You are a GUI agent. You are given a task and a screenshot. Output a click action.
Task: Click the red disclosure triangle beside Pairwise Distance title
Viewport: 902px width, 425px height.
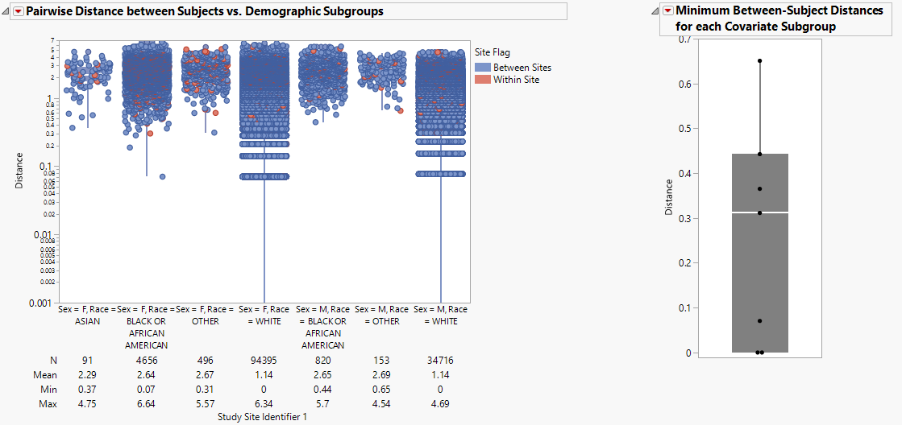(19, 11)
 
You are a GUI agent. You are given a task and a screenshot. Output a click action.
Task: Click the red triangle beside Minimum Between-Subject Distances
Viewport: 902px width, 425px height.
(667, 10)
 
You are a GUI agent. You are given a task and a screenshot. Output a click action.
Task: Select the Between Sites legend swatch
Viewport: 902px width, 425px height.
(482, 68)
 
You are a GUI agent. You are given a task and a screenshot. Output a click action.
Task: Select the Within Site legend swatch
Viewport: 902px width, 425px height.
(482, 80)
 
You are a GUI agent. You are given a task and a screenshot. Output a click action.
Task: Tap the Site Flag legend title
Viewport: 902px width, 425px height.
(492, 53)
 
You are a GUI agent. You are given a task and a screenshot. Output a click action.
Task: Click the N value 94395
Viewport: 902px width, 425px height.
(264, 361)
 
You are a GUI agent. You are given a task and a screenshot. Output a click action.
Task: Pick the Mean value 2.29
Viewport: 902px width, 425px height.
(87, 374)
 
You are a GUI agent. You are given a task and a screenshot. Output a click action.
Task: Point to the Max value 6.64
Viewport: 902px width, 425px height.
(146, 403)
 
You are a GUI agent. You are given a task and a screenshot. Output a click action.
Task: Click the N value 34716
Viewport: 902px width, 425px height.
(440, 361)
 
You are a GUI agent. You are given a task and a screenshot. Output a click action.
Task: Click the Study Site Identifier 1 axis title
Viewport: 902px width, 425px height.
(262, 418)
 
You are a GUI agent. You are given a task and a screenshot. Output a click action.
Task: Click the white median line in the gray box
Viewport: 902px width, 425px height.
(759, 212)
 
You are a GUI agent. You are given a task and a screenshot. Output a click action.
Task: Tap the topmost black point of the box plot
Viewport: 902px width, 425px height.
(759, 61)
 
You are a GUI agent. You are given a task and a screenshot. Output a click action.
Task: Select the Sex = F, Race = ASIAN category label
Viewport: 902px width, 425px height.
(87, 315)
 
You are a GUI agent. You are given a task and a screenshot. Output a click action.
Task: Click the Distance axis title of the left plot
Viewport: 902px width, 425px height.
(19, 171)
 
